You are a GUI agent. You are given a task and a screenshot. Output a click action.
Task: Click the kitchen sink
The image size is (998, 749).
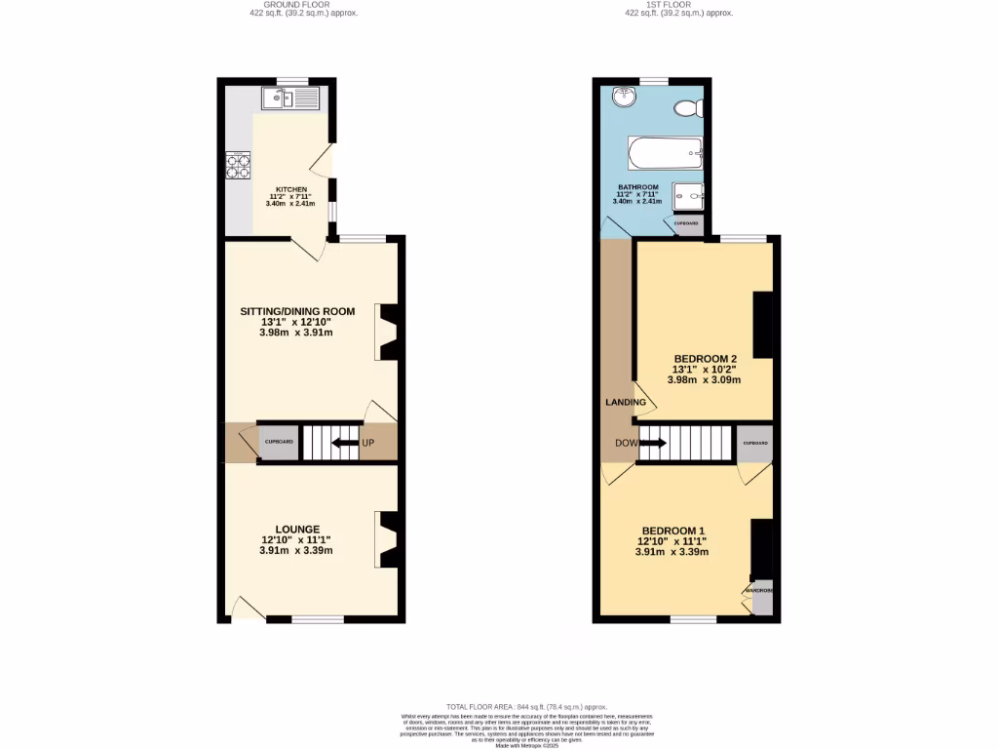tap(289, 98)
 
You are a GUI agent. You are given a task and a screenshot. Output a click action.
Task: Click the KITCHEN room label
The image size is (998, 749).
tap(291, 189)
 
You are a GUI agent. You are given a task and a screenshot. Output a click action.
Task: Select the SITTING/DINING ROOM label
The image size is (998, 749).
tap(297, 312)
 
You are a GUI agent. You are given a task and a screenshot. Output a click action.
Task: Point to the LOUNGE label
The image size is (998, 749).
tap(296, 530)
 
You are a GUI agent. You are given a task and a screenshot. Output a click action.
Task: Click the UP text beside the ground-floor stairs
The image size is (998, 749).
tap(367, 443)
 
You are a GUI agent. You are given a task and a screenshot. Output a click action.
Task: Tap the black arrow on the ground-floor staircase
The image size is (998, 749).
tap(344, 443)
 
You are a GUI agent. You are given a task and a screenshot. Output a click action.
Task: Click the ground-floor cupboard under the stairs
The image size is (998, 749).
tap(279, 442)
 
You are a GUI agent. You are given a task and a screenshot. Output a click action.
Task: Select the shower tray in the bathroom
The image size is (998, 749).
tap(688, 196)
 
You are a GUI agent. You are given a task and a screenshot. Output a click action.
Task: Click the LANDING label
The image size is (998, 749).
tap(625, 402)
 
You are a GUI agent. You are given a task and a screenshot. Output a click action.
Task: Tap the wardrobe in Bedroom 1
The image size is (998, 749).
tap(761, 597)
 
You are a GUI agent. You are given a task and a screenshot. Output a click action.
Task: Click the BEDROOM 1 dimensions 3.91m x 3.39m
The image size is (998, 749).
tap(671, 552)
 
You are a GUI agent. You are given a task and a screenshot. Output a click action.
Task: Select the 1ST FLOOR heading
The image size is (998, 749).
tap(678, 4)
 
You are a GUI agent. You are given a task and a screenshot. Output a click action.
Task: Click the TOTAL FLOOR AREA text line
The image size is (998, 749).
tap(526, 706)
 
